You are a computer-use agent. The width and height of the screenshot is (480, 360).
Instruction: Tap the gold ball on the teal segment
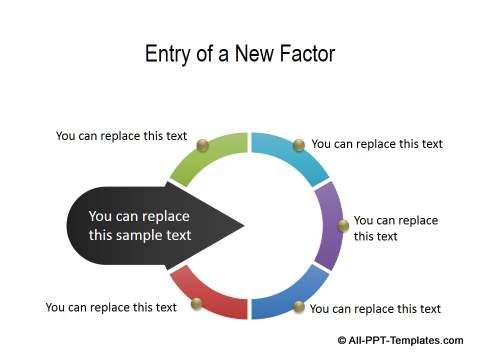[298, 146]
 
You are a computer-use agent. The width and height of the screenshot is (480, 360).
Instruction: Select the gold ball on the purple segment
[343, 226]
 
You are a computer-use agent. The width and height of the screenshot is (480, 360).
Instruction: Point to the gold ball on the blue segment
[297, 305]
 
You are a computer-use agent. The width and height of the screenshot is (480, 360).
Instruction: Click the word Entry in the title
[169, 53]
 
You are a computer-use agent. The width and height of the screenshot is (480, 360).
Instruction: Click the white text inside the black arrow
[140, 226]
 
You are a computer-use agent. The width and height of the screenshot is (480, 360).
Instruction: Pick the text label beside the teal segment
[377, 144]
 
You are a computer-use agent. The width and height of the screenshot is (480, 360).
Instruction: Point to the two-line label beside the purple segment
[395, 228]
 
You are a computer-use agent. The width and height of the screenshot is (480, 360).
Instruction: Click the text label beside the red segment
[111, 307]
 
